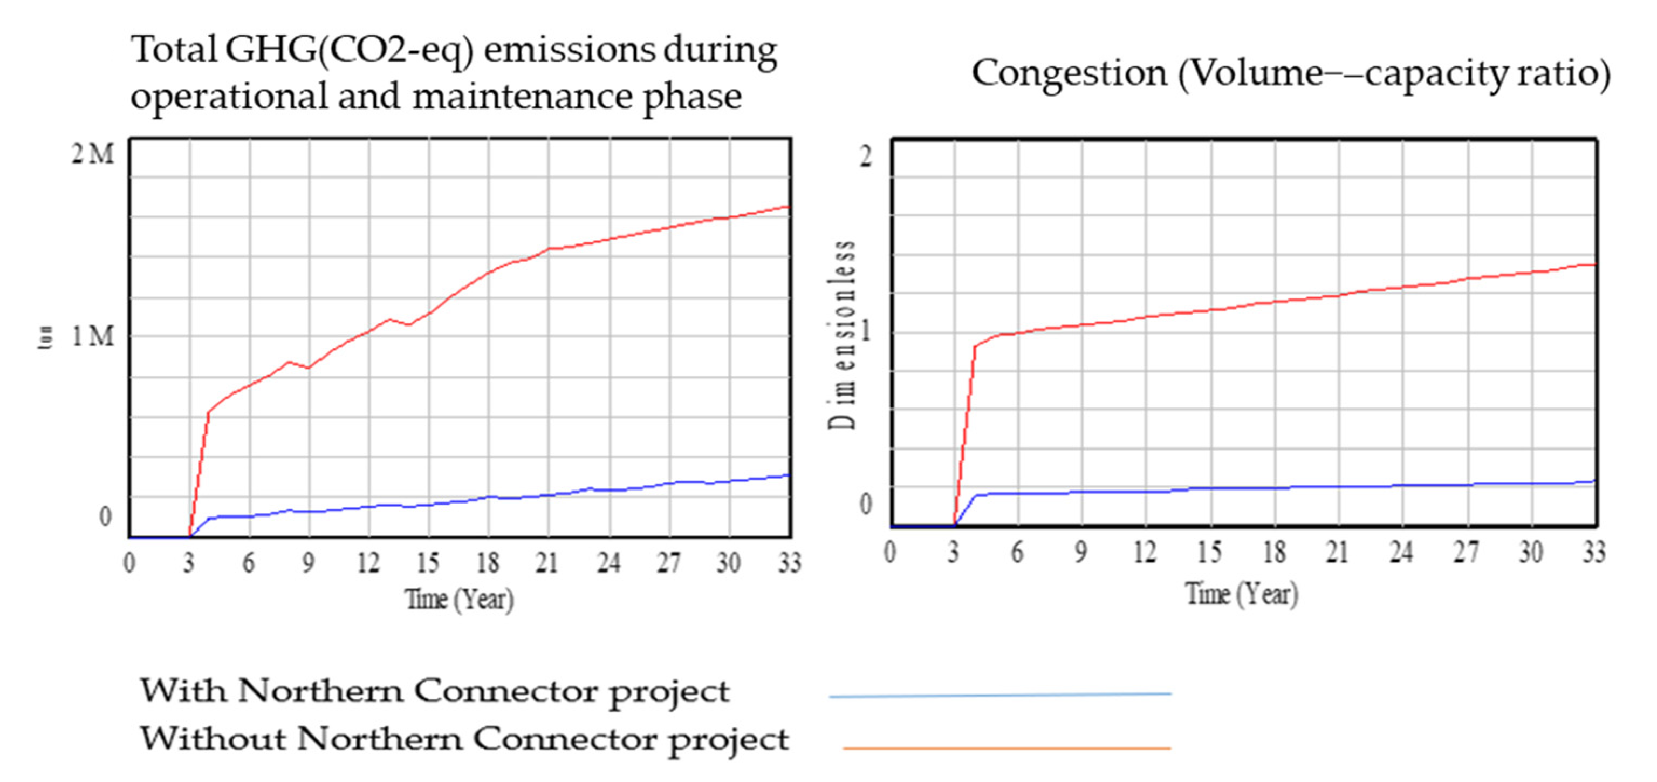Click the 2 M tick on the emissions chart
click(x=92, y=154)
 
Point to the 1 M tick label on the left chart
click(x=92, y=335)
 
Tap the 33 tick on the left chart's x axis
click(x=789, y=563)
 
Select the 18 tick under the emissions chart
click(x=488, y=563)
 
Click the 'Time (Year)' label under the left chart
click(x=459, y=599)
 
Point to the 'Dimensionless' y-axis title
click(x=841, y=335)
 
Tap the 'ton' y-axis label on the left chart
click(x=45, y=337)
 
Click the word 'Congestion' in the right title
click(x=1069, y=72)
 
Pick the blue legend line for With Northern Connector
click(x=1000, y=695)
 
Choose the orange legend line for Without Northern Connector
click(x=1006, y=748)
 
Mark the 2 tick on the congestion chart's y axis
click(x=866, y=156)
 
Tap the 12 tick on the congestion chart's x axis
click(x=1145, y=552)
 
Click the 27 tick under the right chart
click(x=1466, y=552)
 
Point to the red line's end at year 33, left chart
click(x=789, y=207)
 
